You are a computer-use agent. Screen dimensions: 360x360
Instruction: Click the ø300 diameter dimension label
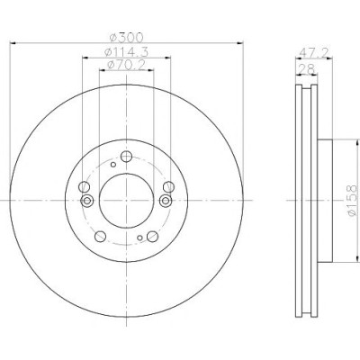[126, 37]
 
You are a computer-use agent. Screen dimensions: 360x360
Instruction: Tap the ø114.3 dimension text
[126, 52]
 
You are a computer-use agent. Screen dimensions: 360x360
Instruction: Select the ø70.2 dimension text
[126, 64]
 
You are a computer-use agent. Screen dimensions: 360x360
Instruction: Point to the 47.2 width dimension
[314, 53]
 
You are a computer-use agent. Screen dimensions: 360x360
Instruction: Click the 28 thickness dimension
[306, 68]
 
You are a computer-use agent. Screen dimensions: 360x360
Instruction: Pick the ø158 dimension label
[352, 200]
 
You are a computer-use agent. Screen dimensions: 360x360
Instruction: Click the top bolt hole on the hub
[126, 157]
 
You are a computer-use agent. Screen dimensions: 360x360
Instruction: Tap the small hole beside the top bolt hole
[113, 165]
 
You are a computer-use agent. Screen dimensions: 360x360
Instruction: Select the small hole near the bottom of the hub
[139, 238]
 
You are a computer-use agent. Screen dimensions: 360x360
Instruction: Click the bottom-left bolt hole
[100, 237]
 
